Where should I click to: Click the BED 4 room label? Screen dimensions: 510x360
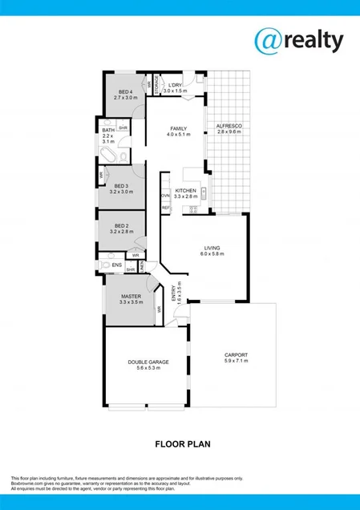[124, 91]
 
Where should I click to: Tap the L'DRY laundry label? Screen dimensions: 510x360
[175, 86]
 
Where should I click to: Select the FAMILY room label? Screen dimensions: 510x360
[178, 128]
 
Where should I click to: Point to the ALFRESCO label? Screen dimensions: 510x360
[229, 127]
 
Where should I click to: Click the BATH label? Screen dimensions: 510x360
[108, 130]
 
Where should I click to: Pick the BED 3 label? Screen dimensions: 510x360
[120, 187]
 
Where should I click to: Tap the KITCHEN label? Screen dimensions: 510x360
[186, 191]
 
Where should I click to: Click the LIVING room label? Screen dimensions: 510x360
[212, 249]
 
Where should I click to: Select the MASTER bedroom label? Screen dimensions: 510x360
[131, 296]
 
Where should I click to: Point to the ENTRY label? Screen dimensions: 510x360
[176, 297]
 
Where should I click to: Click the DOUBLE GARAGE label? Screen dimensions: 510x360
[148, 362]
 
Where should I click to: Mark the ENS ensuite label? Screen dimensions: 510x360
[116, 264]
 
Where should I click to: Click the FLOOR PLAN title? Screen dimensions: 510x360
[180, 442]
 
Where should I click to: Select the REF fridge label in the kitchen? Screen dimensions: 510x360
[165, 208]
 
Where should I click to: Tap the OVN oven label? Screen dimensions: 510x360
[165, 195]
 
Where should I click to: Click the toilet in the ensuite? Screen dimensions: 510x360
[104, 264]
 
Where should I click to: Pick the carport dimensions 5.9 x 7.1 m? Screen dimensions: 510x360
[236, 362]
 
